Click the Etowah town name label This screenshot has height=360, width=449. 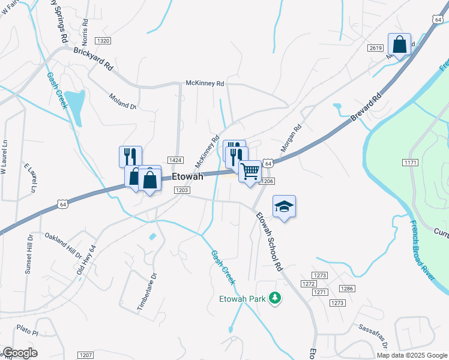(x=187, y=177)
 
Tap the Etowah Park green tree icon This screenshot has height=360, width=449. (x=274, y=298)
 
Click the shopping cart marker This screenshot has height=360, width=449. (x=250, y=171)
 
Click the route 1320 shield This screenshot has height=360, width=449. (x=103, y=40)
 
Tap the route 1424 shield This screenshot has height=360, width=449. (x=175, y=160)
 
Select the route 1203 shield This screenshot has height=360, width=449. (x=182, y=190)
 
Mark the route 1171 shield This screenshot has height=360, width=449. (x=411, y=163)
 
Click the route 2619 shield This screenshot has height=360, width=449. (x=376, y=47)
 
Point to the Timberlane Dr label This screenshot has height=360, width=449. (x=146, y=292)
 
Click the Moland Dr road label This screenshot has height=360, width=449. (x=123, y=101)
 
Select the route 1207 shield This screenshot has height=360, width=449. (x=86, y=355)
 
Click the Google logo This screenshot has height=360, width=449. (x=20, y=353)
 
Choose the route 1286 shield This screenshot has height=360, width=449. (x=346, y=289)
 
